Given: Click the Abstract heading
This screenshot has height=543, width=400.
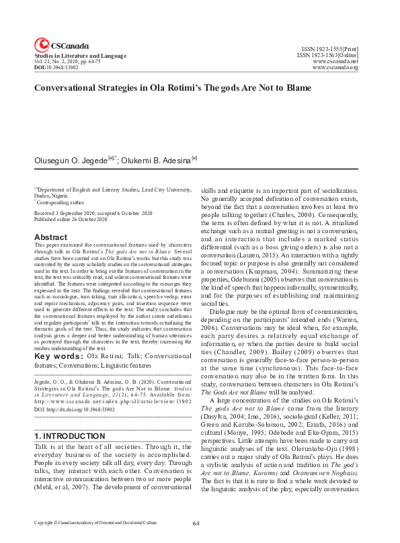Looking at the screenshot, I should pos(50,237).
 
